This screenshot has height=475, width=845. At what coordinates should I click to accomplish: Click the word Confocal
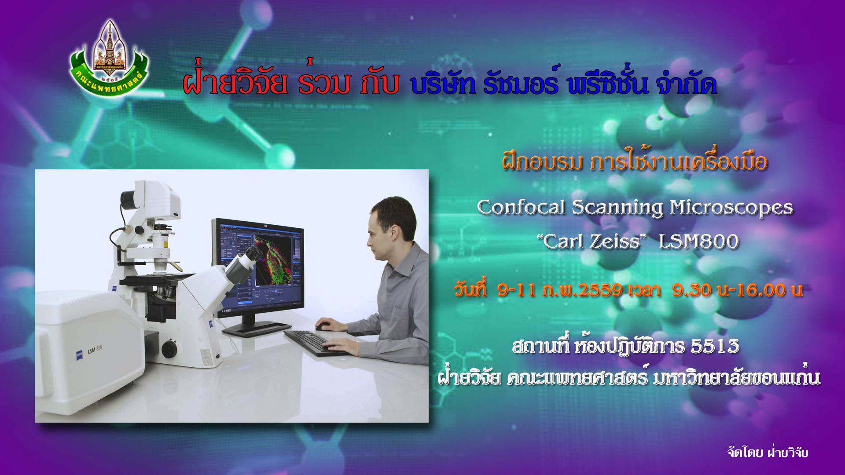(x=521, y=207)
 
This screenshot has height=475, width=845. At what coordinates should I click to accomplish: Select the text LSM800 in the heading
(x=699, y=241)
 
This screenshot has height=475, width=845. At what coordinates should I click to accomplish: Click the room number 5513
(x=715, y=347)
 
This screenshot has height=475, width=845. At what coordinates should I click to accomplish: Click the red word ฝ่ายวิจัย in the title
(x=235, y=82)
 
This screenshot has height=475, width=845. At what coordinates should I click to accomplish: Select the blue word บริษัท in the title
(x=443, y=84)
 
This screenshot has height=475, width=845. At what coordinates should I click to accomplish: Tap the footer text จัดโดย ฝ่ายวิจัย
(x=768, y=452)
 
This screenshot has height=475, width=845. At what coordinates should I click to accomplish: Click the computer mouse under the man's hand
(x=323, y=327)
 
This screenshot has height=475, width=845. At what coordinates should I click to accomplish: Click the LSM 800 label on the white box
(x=95, y=350)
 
